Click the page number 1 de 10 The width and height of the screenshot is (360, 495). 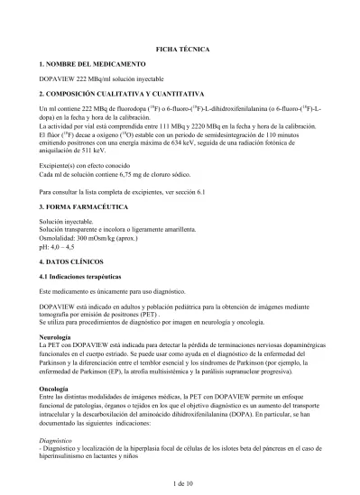click(180, 484)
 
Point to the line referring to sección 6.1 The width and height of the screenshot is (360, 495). click(124, 193)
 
